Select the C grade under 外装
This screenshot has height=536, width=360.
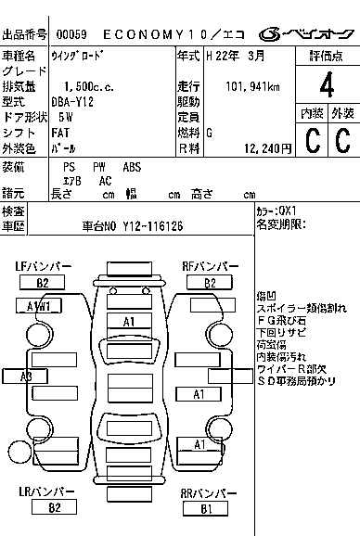(341, 141)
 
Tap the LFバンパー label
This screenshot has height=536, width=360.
(43, 266)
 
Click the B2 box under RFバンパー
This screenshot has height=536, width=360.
(211, 283)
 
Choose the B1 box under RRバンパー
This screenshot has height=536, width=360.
(206, 509)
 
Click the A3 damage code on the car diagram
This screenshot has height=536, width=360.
(26, 376)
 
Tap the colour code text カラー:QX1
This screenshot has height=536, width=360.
(277, 211)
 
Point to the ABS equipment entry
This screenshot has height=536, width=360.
(133, 167)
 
